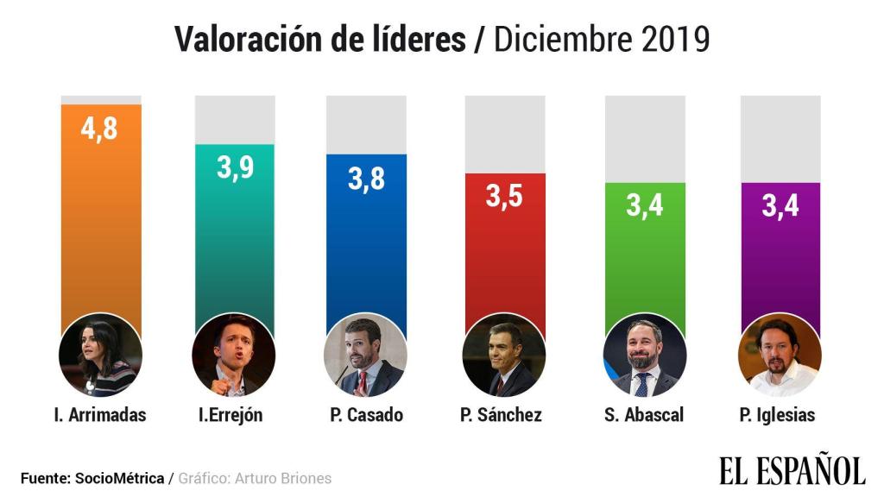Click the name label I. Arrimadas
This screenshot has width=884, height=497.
click(x=99, y=415)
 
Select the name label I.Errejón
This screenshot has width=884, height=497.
click(x=230, y=415)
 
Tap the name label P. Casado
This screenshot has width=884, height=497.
click(x=366, y=415)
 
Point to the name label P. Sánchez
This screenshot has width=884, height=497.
click(x=502, y=415)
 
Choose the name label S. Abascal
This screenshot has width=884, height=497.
click(x=644, y=415)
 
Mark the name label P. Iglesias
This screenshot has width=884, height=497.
click(x=777, y=415)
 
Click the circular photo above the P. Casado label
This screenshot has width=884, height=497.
click(x=364, y=355)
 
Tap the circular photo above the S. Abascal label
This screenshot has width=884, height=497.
click(x=644, y=355)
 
